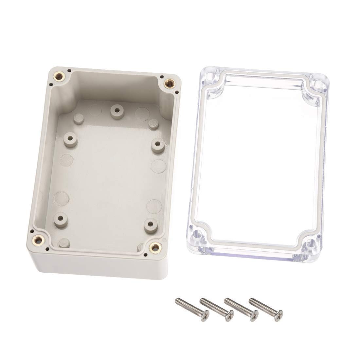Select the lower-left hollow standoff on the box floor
[60, 217]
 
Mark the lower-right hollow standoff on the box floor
[151, 225]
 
